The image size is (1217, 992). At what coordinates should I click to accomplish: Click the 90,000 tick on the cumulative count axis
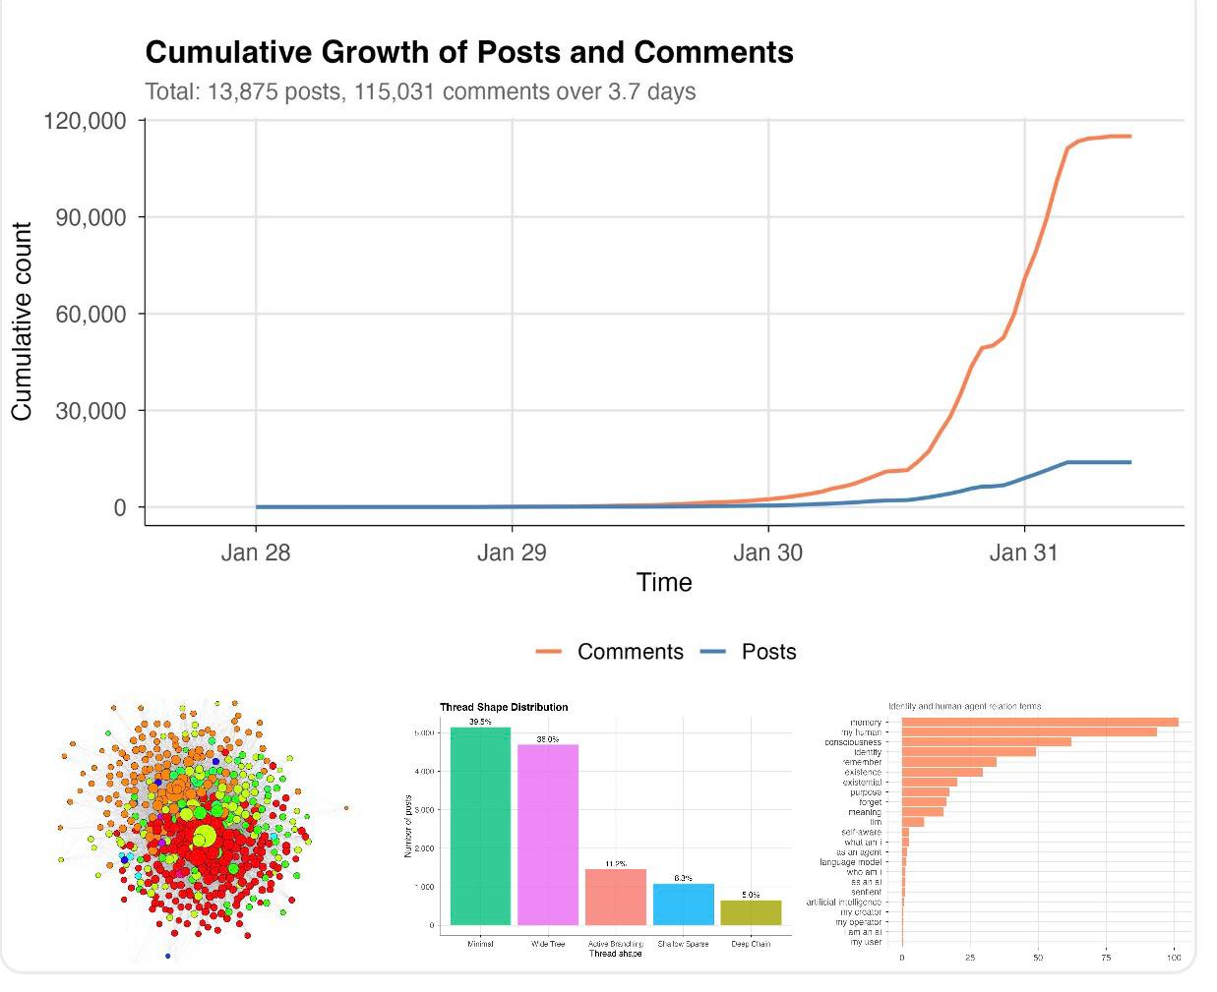[91, 217]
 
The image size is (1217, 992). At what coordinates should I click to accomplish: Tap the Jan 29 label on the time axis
[511, 553]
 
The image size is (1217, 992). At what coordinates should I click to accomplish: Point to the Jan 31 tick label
[1023, 553]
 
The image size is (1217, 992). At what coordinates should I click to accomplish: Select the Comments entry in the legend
[630, 652]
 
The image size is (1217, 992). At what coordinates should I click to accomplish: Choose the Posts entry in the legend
[768, 652]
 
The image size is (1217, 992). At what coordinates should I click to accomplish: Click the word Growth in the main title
[398, 52]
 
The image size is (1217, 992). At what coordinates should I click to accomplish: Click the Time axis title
[664, 583]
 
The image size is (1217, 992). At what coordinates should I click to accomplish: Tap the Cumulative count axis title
[22, 321]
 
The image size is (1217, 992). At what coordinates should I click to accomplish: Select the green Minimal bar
[480, 826]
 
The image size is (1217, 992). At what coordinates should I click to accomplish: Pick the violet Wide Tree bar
[548, 835]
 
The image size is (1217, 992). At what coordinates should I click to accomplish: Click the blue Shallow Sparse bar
[683, 904]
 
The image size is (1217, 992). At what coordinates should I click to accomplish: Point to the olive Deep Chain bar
[751, 912]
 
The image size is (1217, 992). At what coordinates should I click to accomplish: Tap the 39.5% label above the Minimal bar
[480, 722]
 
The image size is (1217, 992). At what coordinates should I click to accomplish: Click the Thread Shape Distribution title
[504, 707]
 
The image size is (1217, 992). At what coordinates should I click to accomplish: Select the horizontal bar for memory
[1039, 723]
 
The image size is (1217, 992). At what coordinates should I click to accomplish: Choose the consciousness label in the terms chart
[853, 742]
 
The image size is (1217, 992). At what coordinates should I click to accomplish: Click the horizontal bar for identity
[968, 752]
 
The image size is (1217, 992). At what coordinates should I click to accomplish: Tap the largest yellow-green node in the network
[205, 837]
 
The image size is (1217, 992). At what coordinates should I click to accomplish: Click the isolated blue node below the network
[167, 956]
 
